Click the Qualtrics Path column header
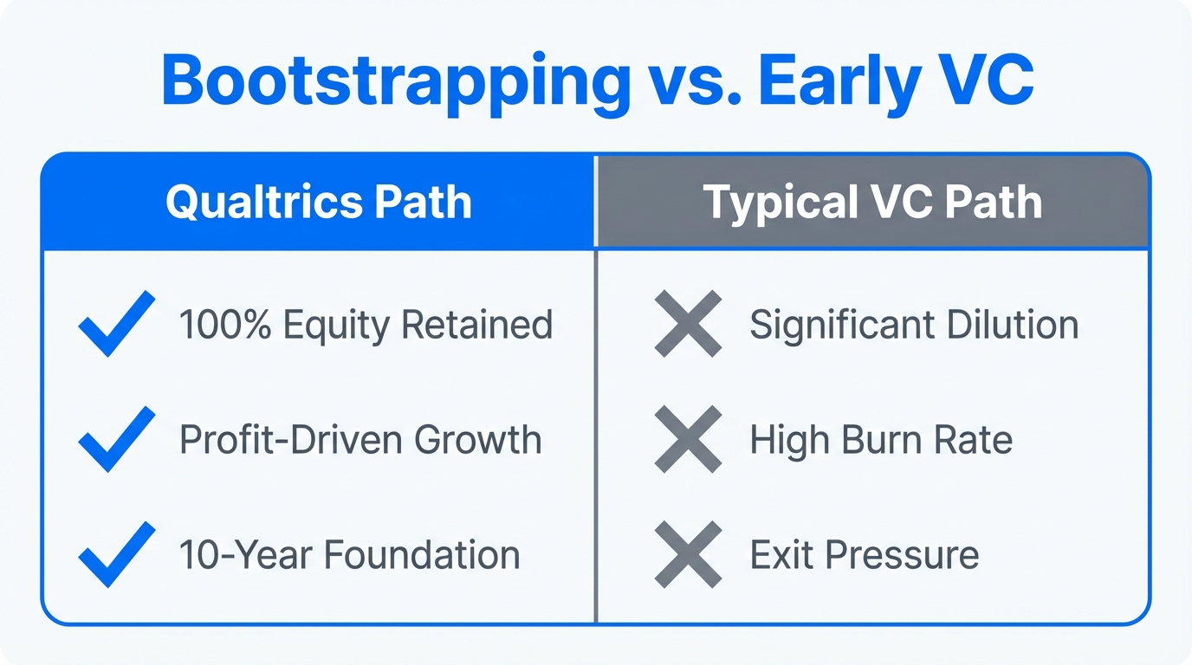(318, 203)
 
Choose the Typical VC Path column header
(872, 203)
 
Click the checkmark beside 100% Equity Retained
(116, 324)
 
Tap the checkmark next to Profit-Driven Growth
(116, 439)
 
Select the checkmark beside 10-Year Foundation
(116, 554)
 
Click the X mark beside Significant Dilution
(688, 324)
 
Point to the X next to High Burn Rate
(688, 439)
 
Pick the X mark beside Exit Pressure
(688, 554)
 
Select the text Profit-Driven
(290, 440)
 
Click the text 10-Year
(232, 555)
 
